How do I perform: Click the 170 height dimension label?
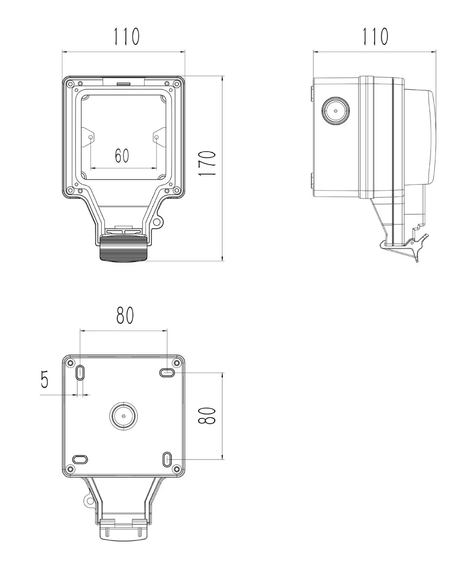pyautogui.click(x=207, y=163)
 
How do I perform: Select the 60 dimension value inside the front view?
pyautogui.click(x=122, y=155)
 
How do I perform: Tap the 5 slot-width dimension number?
pyautogui.click(x=45, y=379)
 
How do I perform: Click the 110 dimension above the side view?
pyautogui.click(x=375, y=36)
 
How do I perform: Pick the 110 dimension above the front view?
pyautogui.click(x=126, y=36)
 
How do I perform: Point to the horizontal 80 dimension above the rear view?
pyautogui.click(x=125, y=315)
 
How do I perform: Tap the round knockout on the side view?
pyautogui.click(x=335, y=111)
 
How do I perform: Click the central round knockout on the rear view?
pyautogui.click(x=124, y=416)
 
